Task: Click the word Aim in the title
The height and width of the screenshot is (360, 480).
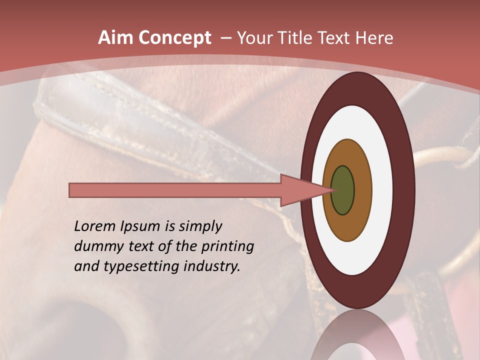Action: coord(115,38)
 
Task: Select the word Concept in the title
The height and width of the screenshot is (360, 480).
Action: coord(174,38)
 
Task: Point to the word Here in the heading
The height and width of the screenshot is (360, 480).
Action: coord(375,38)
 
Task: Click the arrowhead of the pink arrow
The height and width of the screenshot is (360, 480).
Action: coord(300,190)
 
